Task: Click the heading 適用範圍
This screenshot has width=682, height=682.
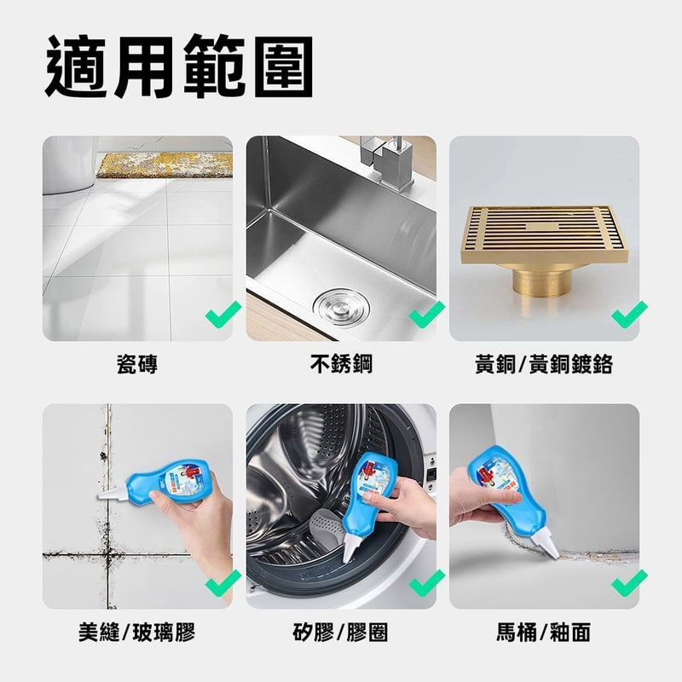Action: (x=179, y=66)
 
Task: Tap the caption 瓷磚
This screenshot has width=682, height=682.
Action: (x=137, y=365)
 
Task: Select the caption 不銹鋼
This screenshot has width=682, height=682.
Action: (x=342, y=364)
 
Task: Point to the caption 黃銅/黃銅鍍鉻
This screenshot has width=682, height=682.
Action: (x=544, y=365)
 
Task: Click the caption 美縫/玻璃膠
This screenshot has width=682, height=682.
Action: (x=137, y=633)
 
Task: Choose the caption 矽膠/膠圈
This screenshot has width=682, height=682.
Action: (x=340, y=633)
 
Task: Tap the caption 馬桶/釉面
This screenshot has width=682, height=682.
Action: (x=544, y=633)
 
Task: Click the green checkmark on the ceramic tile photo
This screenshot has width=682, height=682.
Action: (x=223, y=314)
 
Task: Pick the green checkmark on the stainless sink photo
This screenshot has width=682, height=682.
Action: (x=427, y=314)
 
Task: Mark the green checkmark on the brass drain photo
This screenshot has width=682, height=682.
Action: (x=629, y=314)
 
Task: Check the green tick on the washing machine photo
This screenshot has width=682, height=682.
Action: (x=427, y=582)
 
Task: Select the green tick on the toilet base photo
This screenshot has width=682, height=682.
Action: (x=629, y=582)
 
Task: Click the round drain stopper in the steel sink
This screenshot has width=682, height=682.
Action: (x=342, y=309)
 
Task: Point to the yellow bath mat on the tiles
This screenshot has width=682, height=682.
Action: (x=164, y=165)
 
